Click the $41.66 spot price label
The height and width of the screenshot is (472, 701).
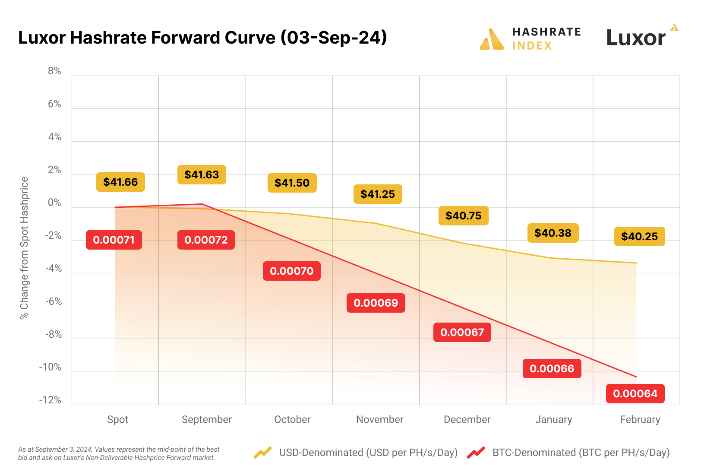click(120, 182)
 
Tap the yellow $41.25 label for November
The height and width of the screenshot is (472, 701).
click(378, 194)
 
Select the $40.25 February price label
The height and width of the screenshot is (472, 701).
click(639, 236)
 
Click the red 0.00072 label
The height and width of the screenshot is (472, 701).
click(206, 240)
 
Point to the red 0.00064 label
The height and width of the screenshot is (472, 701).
click(635, 393)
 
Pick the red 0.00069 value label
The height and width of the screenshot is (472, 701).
click(376, 303)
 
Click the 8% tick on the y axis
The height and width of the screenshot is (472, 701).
click(54, 71)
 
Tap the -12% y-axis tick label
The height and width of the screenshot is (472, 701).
click(51, 400)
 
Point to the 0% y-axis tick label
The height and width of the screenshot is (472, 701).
click(54, 203)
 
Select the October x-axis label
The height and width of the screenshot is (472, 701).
click(292, 419)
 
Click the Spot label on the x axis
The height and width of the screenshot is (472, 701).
click(117, 419)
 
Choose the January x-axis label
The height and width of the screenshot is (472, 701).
click(553, 419)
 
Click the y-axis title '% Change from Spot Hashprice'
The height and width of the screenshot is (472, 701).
click(24, 248)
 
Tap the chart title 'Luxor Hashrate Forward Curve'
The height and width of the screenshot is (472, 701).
click(202, 38)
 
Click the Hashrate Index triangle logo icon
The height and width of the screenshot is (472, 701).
click(491, 39)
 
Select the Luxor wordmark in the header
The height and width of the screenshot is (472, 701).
click(636, 38)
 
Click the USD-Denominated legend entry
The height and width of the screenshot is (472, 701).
click(356, 453)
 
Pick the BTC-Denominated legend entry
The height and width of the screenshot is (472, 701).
click(568, 453)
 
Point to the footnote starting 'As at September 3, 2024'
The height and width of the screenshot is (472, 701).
click(119, 453)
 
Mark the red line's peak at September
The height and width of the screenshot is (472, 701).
click(202, 204)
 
